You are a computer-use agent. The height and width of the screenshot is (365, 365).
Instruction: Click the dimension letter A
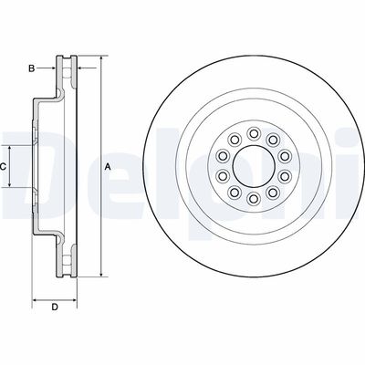[107, 166]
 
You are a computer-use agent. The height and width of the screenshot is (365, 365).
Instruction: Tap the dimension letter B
[32, 68]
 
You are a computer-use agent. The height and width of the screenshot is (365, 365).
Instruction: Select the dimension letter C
[5, 166]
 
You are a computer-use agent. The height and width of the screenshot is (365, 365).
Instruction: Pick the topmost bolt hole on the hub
[254, 133]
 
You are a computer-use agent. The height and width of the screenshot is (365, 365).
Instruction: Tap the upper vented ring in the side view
[67, 73]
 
